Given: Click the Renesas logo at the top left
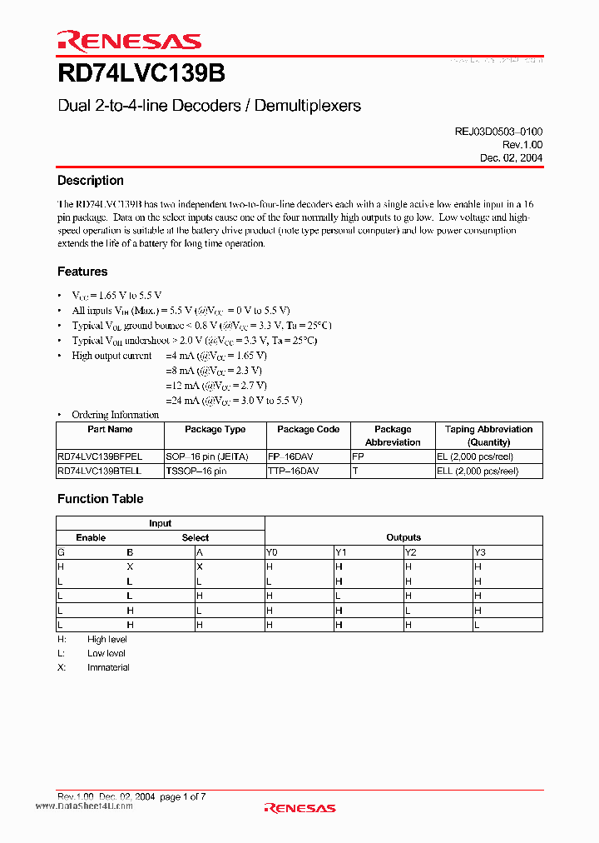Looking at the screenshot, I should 129,42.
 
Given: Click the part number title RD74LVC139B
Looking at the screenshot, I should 141,74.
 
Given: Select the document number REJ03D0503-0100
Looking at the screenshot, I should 498,132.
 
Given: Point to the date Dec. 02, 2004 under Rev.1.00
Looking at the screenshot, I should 511,157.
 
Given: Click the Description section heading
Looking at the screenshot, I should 90,181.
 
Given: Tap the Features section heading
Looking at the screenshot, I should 82,272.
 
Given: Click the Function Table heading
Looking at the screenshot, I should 100,499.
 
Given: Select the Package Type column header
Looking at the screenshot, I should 215,430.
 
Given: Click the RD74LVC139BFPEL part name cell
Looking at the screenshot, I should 100,456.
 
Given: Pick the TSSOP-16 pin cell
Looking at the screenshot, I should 196,471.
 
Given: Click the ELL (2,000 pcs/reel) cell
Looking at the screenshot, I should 478,471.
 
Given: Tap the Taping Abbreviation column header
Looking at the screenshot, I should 488,436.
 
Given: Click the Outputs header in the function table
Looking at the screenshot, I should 403,537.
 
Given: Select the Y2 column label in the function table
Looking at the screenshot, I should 410,552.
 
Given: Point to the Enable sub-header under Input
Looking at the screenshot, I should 91,537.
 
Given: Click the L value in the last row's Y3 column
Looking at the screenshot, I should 477,624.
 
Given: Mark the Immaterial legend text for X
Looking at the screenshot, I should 108,667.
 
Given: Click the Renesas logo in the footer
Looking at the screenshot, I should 299,807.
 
